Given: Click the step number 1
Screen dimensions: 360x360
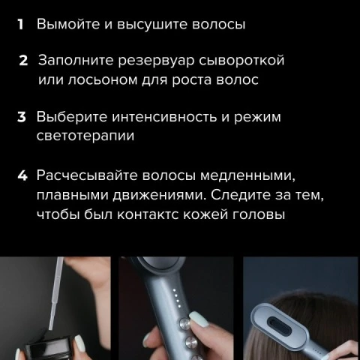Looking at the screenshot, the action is click(x=20, y=25).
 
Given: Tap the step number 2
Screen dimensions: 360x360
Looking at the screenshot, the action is click(x=23, y=61).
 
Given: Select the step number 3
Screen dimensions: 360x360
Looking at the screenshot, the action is click(x=22, y=117).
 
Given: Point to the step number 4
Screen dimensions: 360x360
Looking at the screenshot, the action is click(x=22, y=175).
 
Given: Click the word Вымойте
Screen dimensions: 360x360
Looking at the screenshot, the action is click(x=68, y=24).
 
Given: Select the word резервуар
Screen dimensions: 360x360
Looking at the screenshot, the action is click(x=156, y=61).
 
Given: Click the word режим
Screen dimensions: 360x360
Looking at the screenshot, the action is click(x=257, y=118).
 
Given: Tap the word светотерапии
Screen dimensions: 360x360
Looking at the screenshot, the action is click(x=85, y=136).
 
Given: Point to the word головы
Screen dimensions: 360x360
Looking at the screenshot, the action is click(x=259, y=215).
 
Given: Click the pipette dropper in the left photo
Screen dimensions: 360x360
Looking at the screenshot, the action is click(x=56, y=292).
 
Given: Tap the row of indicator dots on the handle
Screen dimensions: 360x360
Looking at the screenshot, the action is click(x=177, y=298).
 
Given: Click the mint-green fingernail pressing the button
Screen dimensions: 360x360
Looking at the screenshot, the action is click(x=199, y=319).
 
